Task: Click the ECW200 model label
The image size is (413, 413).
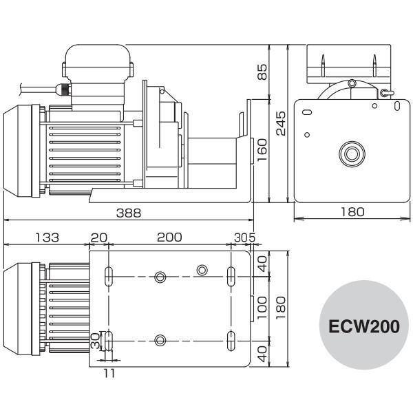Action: (364, 326)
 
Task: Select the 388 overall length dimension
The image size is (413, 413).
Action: (129, 213)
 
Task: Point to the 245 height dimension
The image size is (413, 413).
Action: (281, 123)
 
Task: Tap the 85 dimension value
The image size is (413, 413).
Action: (262, 72)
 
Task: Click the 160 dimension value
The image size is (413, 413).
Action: (262, 150)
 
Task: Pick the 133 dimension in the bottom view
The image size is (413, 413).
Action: (47, 237)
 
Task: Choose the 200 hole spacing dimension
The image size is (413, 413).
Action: (169, 237)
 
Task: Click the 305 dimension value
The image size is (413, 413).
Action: (244, 237)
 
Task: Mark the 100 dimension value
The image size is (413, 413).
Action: (262, 308)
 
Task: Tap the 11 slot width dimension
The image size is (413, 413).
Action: (109, 373)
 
